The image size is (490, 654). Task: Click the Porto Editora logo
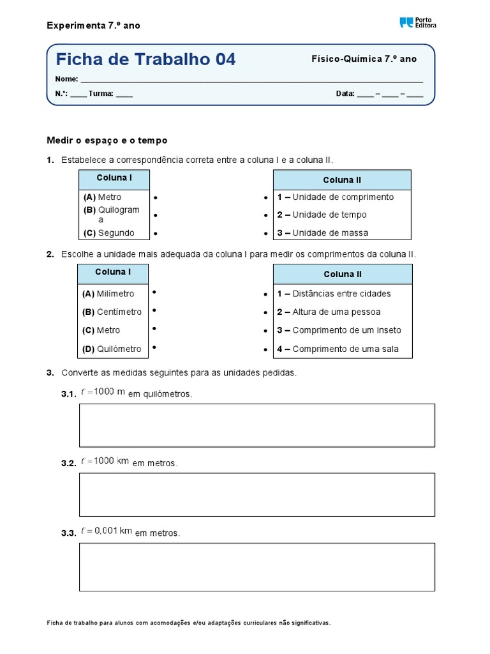coord(417,22)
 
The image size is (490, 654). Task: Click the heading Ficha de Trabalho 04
coord(145,59)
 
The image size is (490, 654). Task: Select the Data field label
coord(345,94)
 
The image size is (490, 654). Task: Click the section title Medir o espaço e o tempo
coord(107,140)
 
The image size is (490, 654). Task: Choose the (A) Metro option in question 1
coord(102,197)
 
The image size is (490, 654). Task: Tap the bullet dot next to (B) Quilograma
coord(155,215)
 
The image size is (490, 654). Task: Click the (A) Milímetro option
coord(108,294)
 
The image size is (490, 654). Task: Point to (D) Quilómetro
coord(112,349)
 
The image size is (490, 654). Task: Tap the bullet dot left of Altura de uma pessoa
coord(265,313)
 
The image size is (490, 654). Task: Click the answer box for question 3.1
coord(256,425)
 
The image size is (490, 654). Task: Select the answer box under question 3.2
coord(256,494)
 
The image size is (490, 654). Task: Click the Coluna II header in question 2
coord(343,274)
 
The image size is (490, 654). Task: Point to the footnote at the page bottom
coord(189,623)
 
